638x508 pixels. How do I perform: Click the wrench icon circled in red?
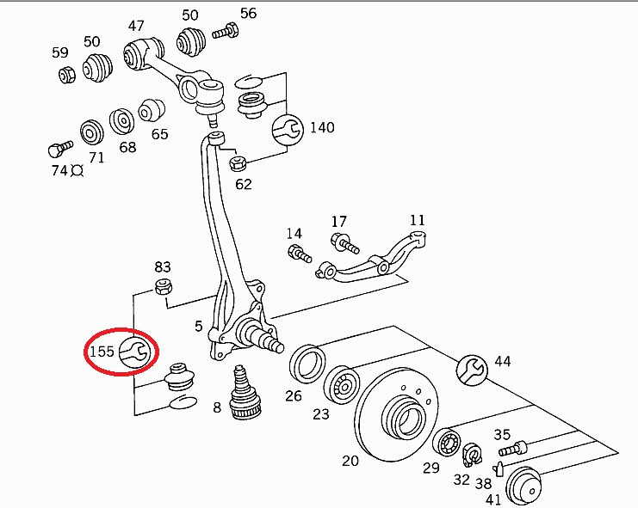click(x=133, y=351)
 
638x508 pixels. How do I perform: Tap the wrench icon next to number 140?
click(x=288, y=129)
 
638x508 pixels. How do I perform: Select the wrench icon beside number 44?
click(x=473, y=368)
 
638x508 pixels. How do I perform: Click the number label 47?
click(x=136, y=25)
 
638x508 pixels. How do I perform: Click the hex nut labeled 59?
click(x=67, y=74)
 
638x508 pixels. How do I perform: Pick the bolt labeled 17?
click(x=347, y=243)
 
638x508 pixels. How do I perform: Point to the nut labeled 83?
click(x=162, y=286)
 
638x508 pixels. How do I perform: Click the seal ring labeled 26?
click(x=306, y=363)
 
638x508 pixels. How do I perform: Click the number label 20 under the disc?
click(x=350, y=461)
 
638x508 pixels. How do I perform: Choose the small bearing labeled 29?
click(x=446, y=444)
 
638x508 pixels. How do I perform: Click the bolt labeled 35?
click(x=511, y=448)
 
